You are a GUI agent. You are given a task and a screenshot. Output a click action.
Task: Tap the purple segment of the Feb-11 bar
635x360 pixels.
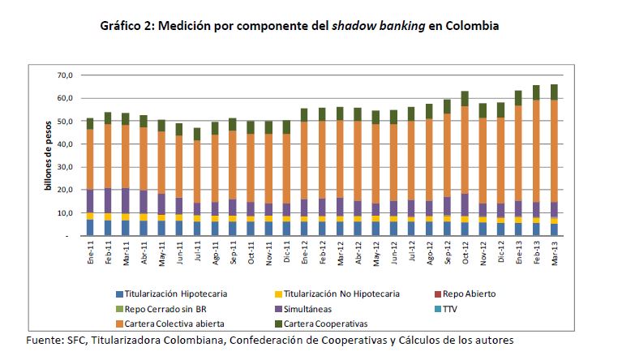pos(108,201)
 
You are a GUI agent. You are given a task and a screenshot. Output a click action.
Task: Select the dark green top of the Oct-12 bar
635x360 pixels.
pos(465,99)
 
